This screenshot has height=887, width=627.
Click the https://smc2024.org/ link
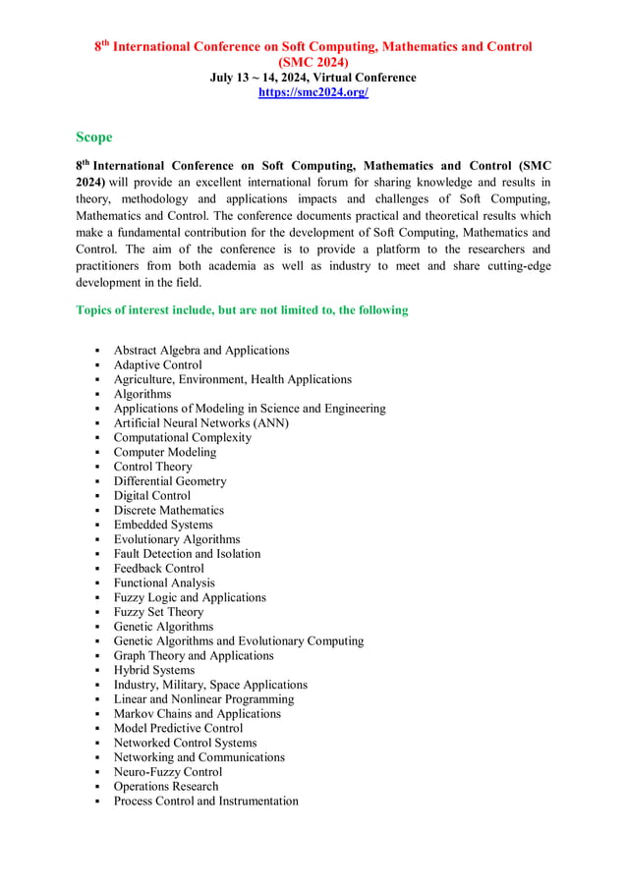coord(313,92)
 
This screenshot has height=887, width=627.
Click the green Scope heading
coord(94,138)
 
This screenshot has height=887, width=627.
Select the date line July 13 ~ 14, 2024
coord(313,78)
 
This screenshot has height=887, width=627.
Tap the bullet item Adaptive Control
coord(157,365)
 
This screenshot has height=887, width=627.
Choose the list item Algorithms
coord(142,394)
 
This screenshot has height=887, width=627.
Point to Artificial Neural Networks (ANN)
coord(200,423)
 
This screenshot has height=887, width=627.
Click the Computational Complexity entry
coord(182,438)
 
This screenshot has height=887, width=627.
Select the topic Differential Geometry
coord(169,481)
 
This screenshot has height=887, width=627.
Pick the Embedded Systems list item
coord(162,525)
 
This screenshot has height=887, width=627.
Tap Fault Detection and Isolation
coord(187,554)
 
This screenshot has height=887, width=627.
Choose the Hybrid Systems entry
coord(153,670)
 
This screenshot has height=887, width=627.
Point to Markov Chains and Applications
coord(197,714)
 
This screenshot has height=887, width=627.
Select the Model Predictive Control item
coord(178,728)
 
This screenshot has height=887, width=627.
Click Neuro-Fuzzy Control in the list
coord(167,772)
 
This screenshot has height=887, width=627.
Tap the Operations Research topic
coord(165,787)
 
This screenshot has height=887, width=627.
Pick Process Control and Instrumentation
coord(205,802)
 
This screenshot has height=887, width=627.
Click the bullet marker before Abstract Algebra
coord(98,351)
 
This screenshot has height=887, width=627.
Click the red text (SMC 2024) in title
coord(313,61)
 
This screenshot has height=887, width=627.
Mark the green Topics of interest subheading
coord(242,310)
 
